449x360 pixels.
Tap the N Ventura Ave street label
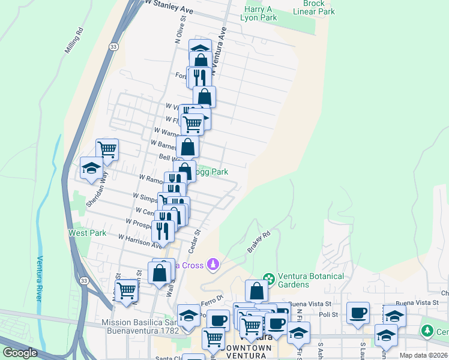coord(223,43)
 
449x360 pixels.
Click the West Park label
coord(88,233)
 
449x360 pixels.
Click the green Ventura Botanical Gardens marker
coord(269,278)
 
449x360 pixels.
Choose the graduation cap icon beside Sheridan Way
coord(91,168)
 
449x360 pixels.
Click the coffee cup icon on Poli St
coord(358,313)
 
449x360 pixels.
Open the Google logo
coord(20,353)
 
